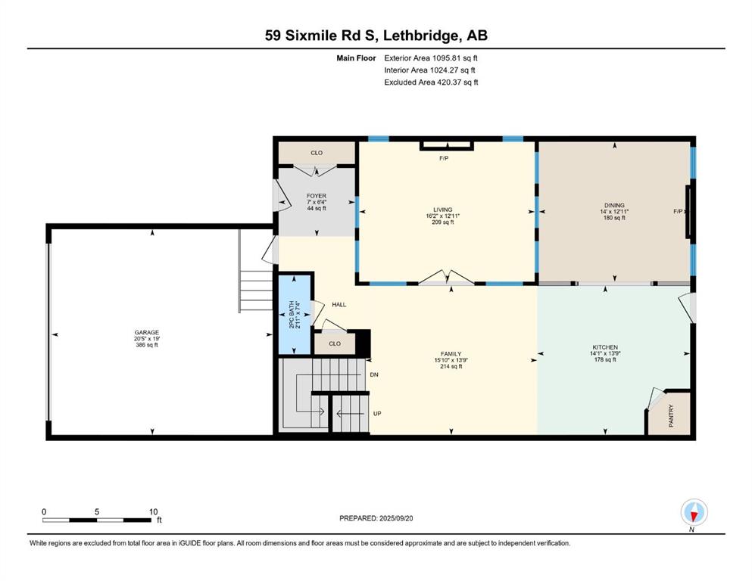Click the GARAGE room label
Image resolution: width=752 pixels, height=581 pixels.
point(147,332)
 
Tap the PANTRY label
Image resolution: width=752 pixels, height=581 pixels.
point(671,416)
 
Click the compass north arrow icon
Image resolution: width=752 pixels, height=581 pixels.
point(694,513)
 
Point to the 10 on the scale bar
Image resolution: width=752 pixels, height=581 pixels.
point(153,511)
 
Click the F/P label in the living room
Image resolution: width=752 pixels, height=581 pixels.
point(444,158)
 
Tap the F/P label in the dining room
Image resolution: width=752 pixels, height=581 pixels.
point(678,211)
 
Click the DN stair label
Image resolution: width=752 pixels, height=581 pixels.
point(374,374)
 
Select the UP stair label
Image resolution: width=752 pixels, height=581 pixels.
point(377,413)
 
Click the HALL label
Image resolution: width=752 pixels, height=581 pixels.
point(339,305)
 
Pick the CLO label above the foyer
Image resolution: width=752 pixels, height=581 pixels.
point(317,153)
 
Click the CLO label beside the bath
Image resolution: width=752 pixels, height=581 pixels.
point(335,343)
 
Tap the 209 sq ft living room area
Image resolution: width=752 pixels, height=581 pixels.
point(443,222)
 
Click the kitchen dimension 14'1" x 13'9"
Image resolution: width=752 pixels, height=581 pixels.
point(605,353)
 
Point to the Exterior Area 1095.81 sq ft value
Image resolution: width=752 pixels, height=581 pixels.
point(431,58)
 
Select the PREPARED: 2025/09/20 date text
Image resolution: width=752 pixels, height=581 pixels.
point(376,518)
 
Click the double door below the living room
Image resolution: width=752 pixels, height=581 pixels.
point(447,278)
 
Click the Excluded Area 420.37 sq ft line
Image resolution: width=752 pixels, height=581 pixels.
point(431,82)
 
